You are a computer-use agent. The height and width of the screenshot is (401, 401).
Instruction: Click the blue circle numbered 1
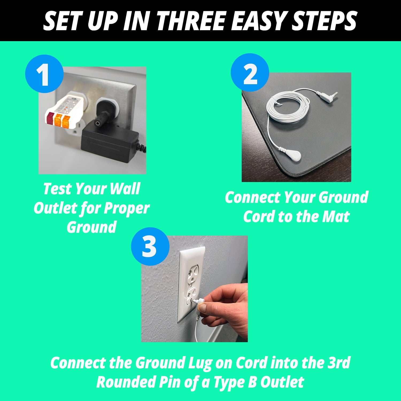click(44, 74)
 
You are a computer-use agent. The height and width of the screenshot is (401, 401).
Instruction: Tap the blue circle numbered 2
click(250, 72)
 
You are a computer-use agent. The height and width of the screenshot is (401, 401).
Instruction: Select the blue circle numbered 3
click(150, 246)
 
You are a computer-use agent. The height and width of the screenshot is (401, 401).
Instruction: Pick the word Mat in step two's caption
click(336, 217)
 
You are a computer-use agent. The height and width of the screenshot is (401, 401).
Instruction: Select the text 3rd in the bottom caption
click(339, 363)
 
